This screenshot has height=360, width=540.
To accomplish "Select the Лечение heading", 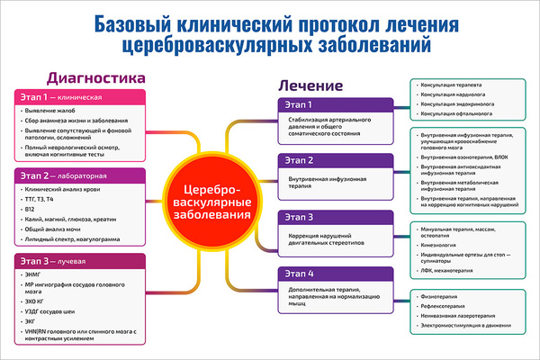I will pos(310,86).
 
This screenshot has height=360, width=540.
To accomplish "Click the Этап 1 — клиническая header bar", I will pos(81,96).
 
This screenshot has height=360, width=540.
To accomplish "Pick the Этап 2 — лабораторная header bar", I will pos(81,176).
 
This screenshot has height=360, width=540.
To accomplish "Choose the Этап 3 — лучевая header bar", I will pos(81,261).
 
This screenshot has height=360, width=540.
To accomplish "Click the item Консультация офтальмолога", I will pos(455,115).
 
